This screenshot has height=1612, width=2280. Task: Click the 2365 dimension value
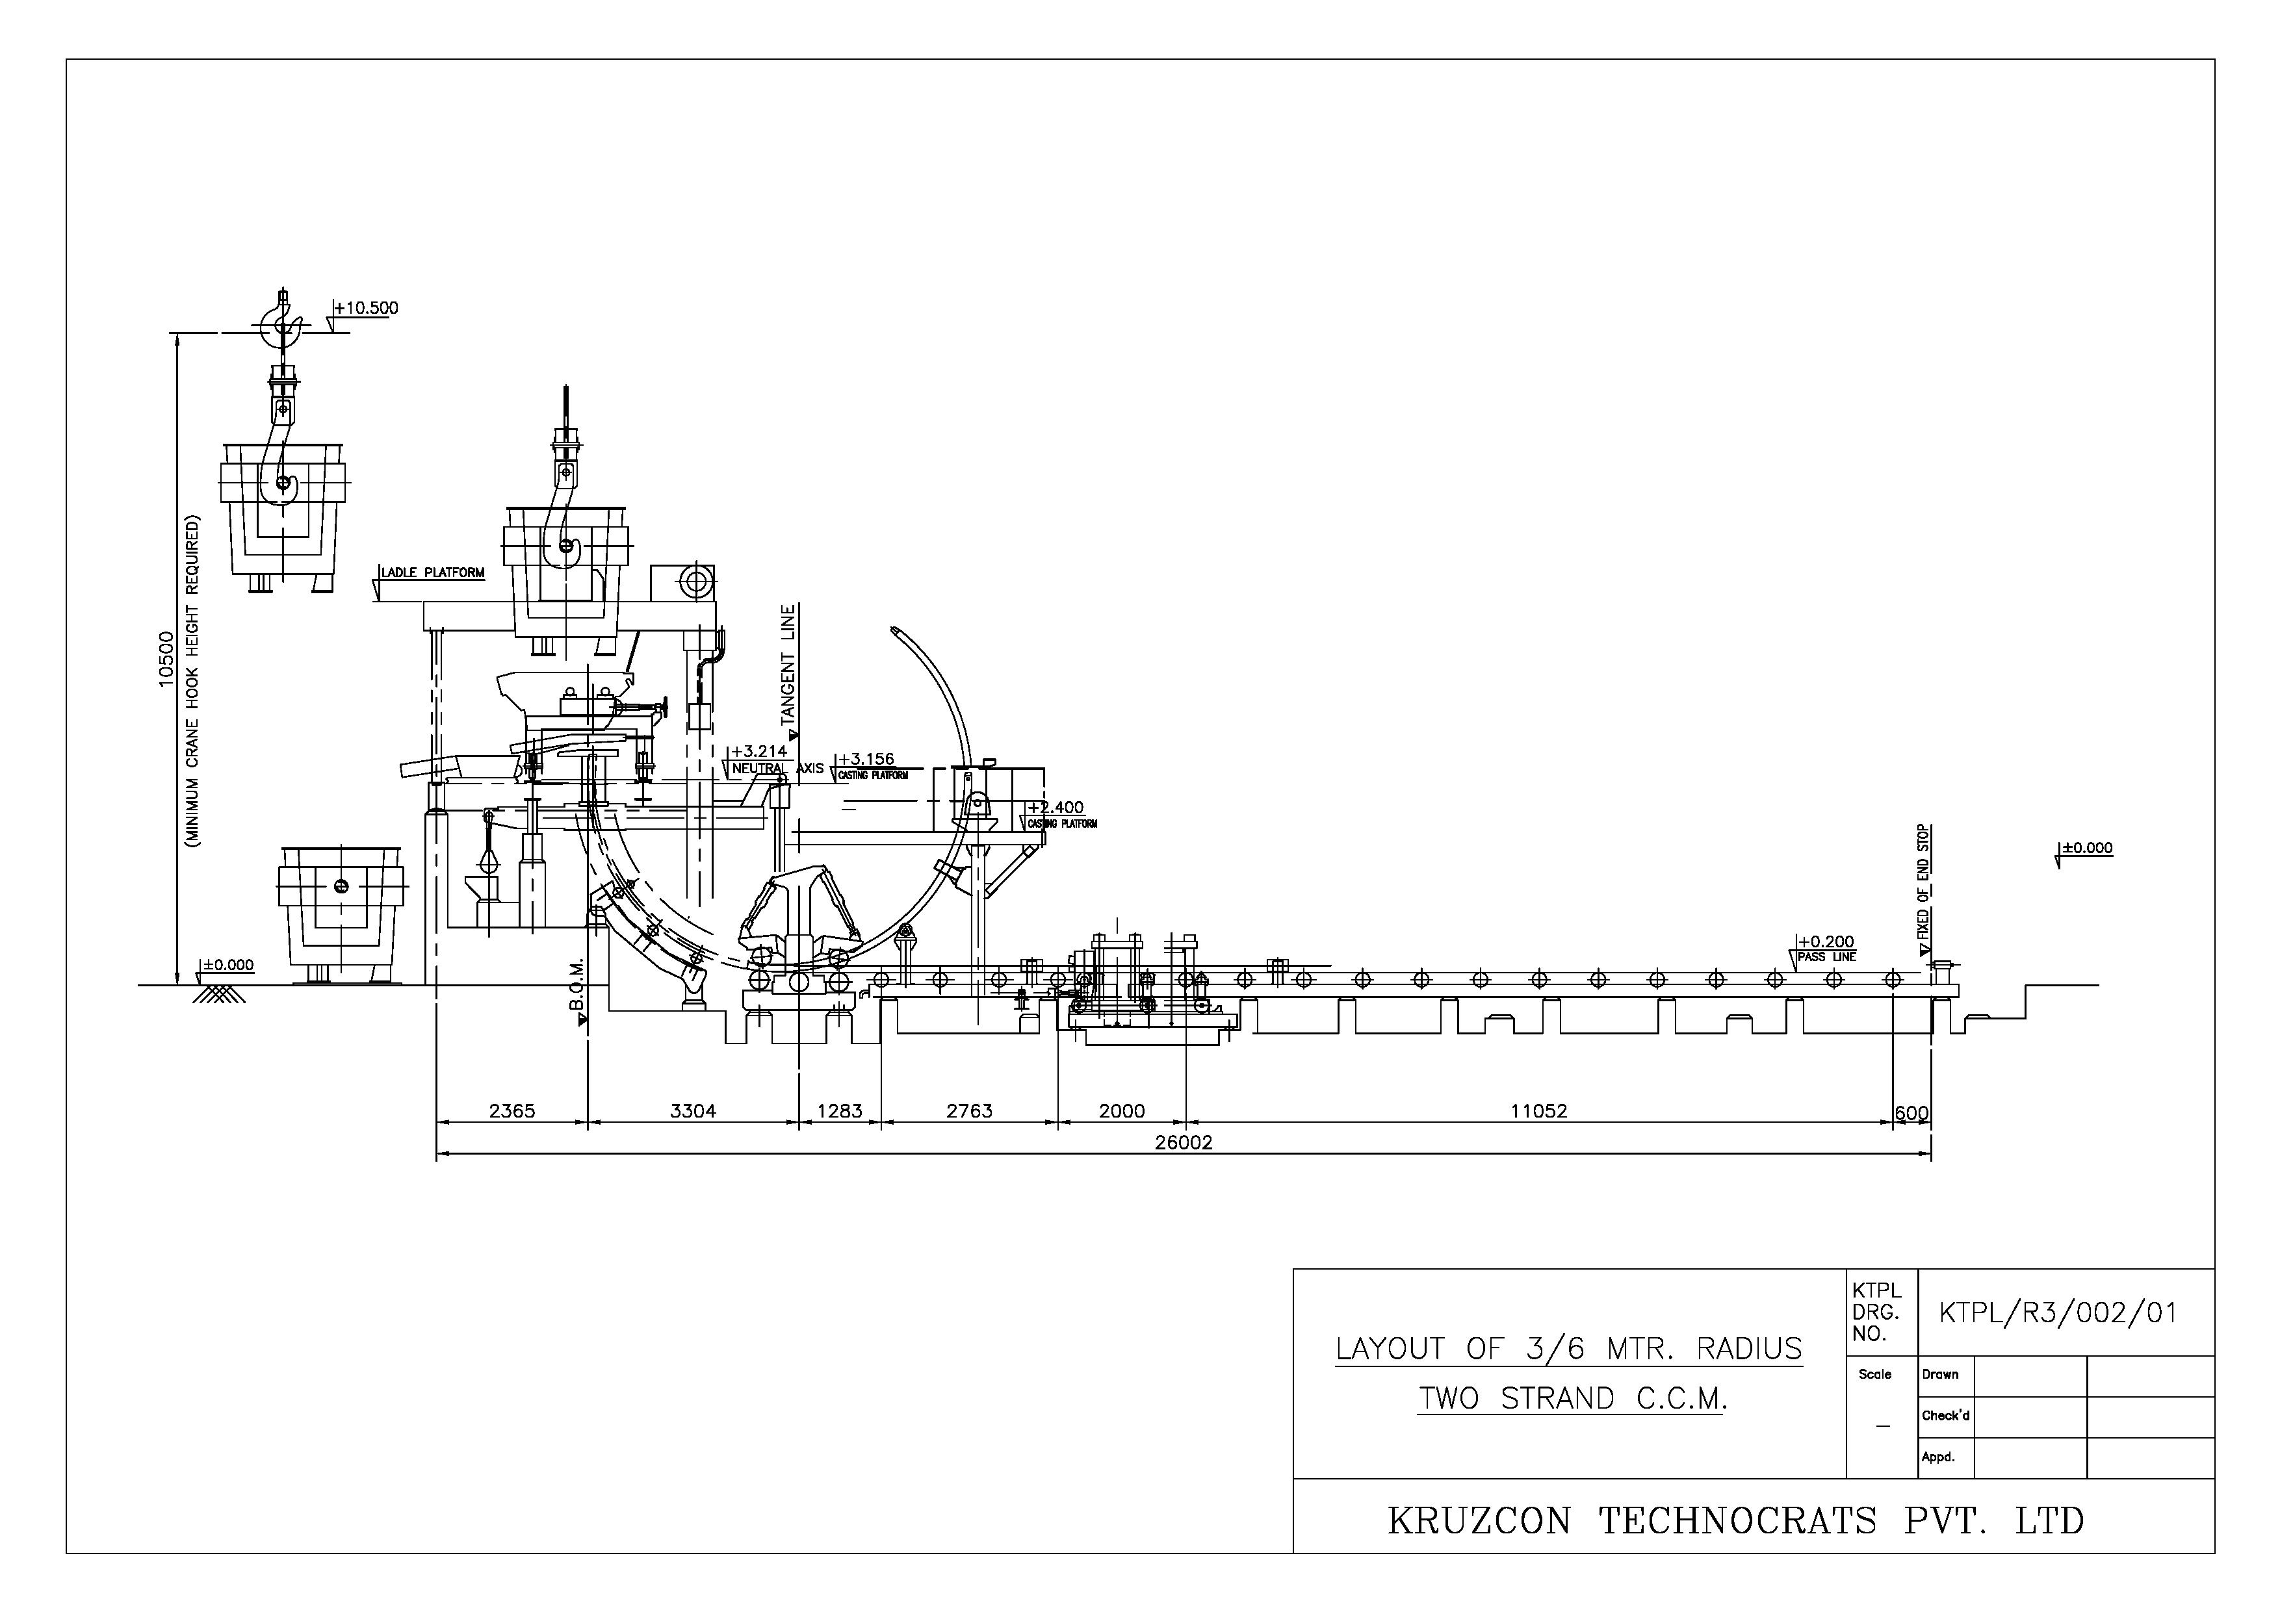pos(512,1111)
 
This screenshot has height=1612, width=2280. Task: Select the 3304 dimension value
pos(692,1111)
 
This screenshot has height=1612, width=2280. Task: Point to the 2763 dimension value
pos(968,1111)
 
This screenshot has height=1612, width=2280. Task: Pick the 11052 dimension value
pos(1538,1111)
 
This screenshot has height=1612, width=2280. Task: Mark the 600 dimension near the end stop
pos(1911,1114)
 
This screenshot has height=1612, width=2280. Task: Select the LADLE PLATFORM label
pos(433,572)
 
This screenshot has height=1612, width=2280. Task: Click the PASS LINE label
pos(1826,957)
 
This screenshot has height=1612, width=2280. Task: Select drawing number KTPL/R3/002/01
pos(2058,1313)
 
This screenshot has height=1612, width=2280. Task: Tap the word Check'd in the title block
pos(1945,1416)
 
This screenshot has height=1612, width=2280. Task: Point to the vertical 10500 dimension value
pos(166,657)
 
